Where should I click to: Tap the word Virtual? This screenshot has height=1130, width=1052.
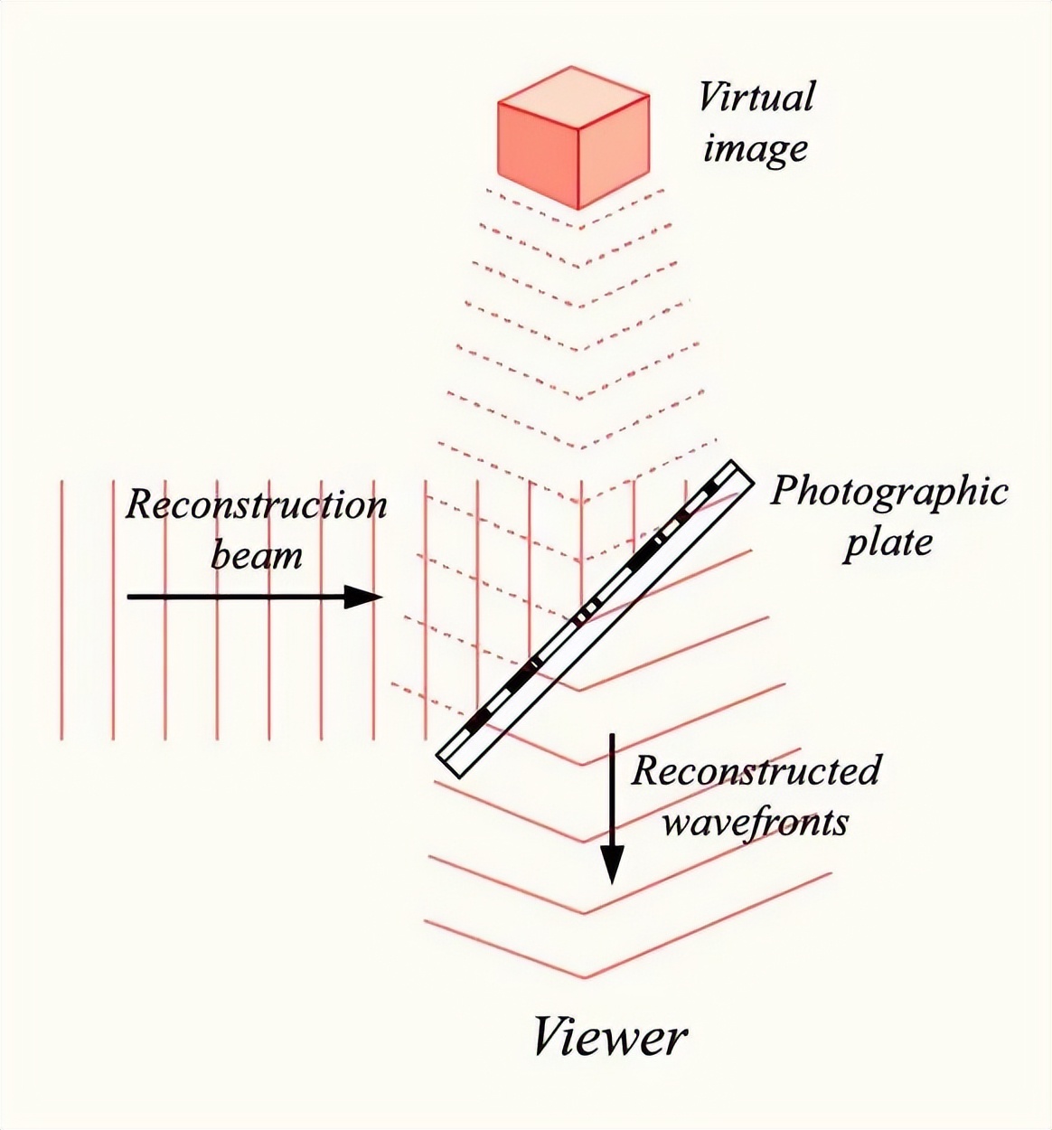756,97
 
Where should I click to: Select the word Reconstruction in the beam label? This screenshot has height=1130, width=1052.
256,504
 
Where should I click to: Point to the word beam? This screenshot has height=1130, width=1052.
256,554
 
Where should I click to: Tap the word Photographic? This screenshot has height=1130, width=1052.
888,491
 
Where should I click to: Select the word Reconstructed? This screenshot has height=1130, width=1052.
756,771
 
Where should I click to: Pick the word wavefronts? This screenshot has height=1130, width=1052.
756,823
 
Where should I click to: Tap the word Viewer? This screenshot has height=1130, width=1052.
609,1037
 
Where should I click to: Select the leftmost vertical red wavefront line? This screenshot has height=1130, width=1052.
61,610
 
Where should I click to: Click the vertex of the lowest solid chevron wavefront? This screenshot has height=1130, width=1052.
583,977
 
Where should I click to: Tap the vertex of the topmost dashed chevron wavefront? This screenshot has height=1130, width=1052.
579,211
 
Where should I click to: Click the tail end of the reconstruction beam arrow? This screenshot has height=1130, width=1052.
128,597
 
